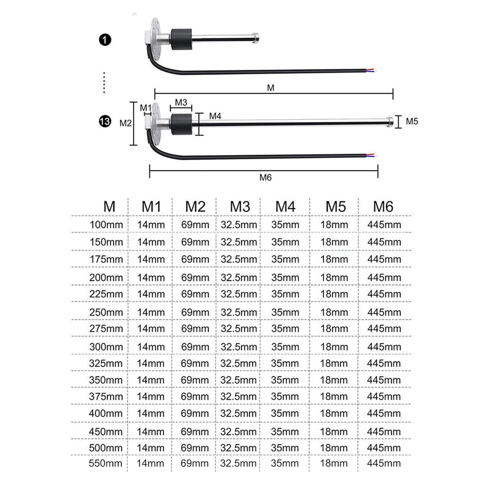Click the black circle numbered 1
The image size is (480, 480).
tap(105, 40)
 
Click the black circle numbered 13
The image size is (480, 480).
tap(105, 121)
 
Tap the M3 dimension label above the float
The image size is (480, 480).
tap(181, 102)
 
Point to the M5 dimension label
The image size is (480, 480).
tap(412, 121)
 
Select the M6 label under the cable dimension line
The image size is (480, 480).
tap(265, 178)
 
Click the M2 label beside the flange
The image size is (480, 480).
tap(125, 123)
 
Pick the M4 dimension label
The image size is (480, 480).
tap(215, 116)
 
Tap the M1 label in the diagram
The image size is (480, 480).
tap(145, 108)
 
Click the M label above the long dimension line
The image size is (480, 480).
tap(271, 88)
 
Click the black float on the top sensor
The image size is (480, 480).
tap(181, 39)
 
